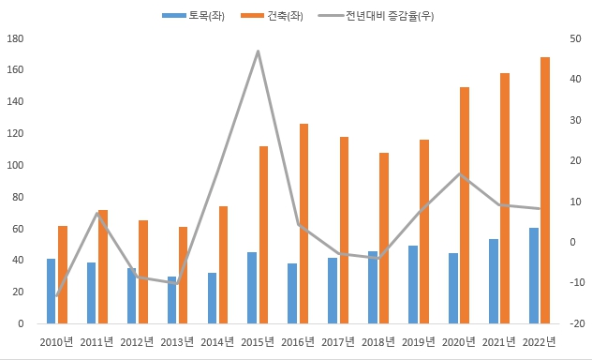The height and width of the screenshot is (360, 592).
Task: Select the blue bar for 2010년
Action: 52,291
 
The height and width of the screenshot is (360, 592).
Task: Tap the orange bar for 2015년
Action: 263,234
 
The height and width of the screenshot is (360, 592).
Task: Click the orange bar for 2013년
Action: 183,275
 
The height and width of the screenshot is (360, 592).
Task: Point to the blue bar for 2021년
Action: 494,281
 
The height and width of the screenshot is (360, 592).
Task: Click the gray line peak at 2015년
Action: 258,51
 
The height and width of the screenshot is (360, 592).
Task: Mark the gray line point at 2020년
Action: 459,173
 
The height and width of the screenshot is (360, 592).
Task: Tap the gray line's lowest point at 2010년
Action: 57,296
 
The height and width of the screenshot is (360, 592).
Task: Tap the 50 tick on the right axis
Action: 574,38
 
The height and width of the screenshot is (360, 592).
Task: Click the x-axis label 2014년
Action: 217,341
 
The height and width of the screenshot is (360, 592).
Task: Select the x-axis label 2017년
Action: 338,341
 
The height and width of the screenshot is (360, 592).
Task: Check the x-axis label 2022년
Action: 539,341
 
